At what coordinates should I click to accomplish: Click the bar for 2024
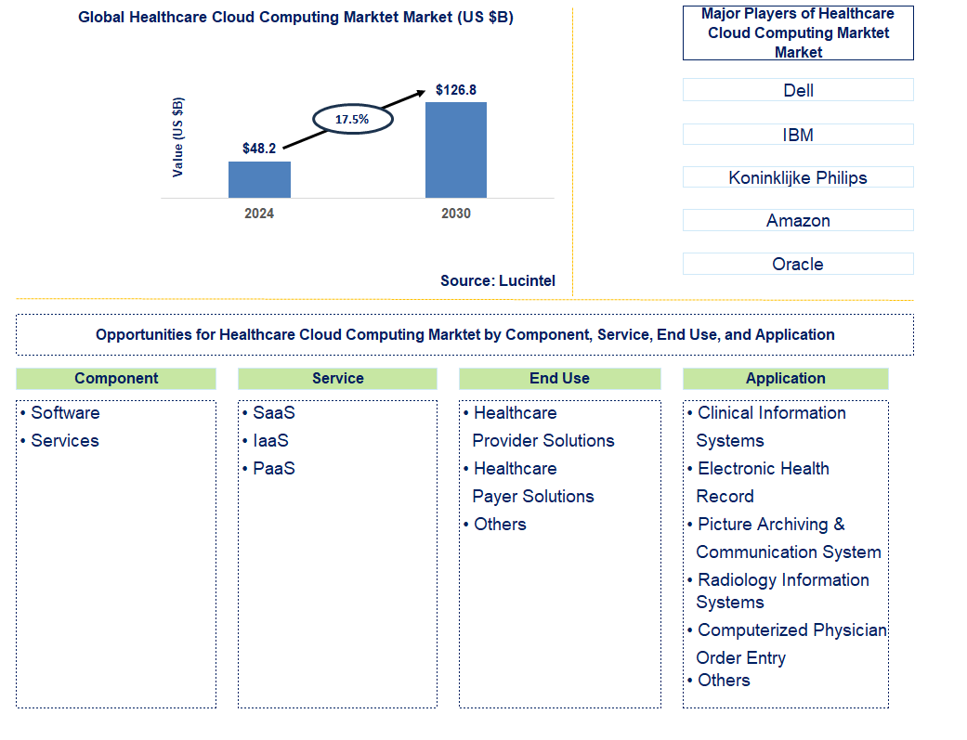[x=259, y=179]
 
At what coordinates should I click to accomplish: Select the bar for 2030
[x=455, y=149]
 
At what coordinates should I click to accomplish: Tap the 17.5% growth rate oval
[x=352, y=119]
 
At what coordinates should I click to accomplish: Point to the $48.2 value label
[x=259, y=149]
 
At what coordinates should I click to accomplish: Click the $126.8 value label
[x=456, y=90]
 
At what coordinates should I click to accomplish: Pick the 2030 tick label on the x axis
[x=455, y=214]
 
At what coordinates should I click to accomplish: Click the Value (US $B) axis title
[x=177, y=136]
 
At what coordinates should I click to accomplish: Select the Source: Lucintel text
[x=497, y=280]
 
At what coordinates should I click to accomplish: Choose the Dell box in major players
[x=798, y=90]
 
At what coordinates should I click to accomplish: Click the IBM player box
[x=798, y=135]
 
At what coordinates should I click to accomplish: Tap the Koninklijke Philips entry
[x=798, y=177]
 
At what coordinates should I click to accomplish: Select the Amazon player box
[x=798, y=220]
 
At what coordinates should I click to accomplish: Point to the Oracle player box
[x=798, y=264]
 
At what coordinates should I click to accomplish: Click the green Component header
[x=116, y=379]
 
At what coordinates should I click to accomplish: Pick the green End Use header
[x=559, y=379]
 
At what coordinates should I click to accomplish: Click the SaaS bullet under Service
[x=273, y=413]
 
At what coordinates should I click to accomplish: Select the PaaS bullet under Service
[x=273, y=469]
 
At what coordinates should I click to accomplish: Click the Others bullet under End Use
[x=500, y=525]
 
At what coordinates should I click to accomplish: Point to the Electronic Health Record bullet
[x=763, y=482]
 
